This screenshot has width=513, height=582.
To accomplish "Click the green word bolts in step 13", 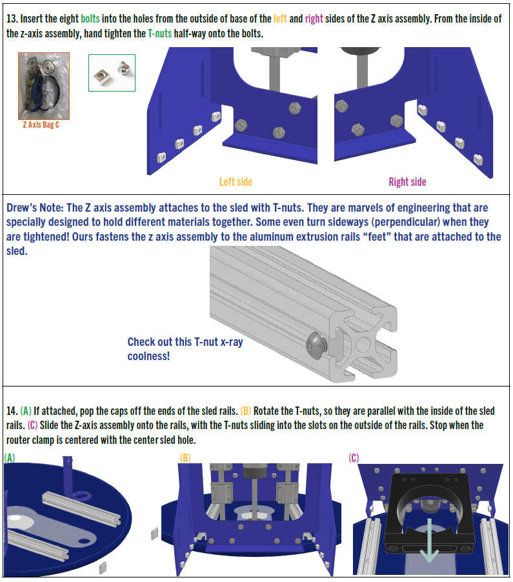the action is tap(90, 19).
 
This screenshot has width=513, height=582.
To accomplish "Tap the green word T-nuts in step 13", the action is tap(159, 34).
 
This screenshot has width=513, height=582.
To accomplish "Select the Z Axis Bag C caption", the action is tap(41, 125).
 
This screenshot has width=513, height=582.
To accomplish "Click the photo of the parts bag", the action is tap(44, 86).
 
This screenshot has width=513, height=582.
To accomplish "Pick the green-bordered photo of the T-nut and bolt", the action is tap(112, 73).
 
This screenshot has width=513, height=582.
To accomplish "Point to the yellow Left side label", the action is tap(236, 182).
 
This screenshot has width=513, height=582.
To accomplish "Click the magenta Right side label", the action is tap(407, 182).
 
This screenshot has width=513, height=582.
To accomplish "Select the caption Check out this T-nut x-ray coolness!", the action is tap(185, 349).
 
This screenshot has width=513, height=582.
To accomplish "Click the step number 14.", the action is tap(12, 411).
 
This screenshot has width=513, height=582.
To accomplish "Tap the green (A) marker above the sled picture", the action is tap(10, 458).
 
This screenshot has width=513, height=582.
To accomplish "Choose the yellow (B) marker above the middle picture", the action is tap(185, 458).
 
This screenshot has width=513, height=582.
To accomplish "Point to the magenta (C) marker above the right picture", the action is tap(354, 458).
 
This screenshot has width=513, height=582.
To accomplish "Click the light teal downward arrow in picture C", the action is tap(430, 542).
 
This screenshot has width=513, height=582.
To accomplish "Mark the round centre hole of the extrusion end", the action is tap(363, 344).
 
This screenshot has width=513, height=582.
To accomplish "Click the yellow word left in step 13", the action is tap(280, 19).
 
